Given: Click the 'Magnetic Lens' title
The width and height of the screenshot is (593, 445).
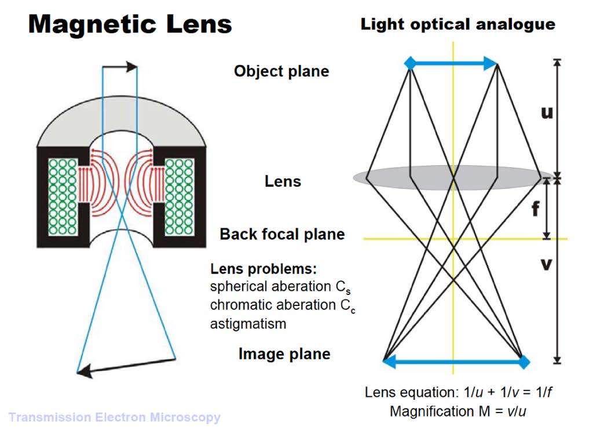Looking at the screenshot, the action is click(x=130, y=24).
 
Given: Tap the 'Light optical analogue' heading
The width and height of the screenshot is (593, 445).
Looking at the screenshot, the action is click(x=457, y=24).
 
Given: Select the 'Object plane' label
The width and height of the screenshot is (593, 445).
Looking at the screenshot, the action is click(x=281, y=71).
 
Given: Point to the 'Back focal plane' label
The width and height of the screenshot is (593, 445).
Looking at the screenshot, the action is click(x=282, y=234).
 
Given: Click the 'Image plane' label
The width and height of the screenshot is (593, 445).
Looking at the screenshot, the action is click(x=284, y=354).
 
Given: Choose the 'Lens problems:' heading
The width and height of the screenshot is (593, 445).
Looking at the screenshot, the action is click(x=263, y=269).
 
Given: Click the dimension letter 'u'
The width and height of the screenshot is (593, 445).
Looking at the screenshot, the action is click(x=547, y=112).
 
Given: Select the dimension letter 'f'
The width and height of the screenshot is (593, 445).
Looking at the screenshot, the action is click(x=536, y=209).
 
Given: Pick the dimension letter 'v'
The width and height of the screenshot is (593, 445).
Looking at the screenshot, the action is click(x=546, y=264).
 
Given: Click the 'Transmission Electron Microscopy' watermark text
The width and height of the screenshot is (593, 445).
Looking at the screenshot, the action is click(x=114, y=417).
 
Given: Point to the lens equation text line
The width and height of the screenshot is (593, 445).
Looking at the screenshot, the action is click(x=458, y=392).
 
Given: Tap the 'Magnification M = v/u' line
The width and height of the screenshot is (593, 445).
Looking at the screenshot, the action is click(x=458, y=411).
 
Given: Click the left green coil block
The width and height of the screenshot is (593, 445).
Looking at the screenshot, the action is click(x=63, y=196).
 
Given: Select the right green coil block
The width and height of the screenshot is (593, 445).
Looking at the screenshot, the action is click(x=180, y=196).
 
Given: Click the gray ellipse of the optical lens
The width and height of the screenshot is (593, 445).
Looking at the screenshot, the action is click(x=448, y=177).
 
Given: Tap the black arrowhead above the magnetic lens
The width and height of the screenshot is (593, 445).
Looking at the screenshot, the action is click(x=132, y=67).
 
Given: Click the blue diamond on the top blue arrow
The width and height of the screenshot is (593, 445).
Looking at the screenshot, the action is click(x=411, y=63).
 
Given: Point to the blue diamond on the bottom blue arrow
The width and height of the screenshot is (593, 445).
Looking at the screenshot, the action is click(x=524, y=362).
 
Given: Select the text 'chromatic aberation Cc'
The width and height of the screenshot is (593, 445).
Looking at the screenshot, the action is click(x=283, y=306).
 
